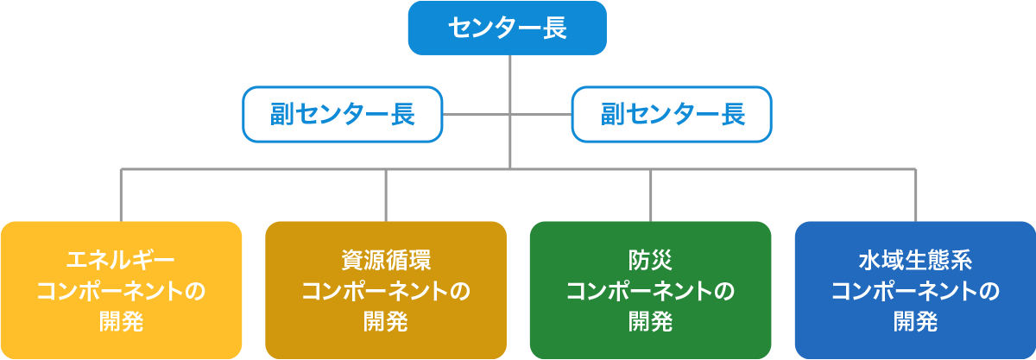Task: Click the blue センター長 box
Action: coord(508,28)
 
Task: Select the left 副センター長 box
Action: coord(343,114)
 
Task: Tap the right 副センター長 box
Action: coord(672,114)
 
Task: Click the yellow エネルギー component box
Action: coord(121,290)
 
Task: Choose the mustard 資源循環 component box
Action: coord(386,290)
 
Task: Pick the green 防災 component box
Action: coord(650,290)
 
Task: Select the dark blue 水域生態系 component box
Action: coord(915,290)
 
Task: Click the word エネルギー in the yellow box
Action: coord(121,260)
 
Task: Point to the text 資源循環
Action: coord(386,260)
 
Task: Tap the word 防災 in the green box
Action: coord(650,260)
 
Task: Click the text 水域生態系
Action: coord(916,260)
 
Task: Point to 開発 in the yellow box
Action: coord(121,321)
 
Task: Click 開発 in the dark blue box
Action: coord(916,321)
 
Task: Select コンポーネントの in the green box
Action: coord(650,291)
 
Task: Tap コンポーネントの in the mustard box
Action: coord(386,291)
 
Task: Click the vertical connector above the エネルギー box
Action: coord(121,195)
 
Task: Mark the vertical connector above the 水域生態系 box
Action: coord(915,195)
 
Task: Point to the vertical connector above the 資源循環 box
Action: coord(386,195)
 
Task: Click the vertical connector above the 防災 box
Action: coord(650,195)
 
